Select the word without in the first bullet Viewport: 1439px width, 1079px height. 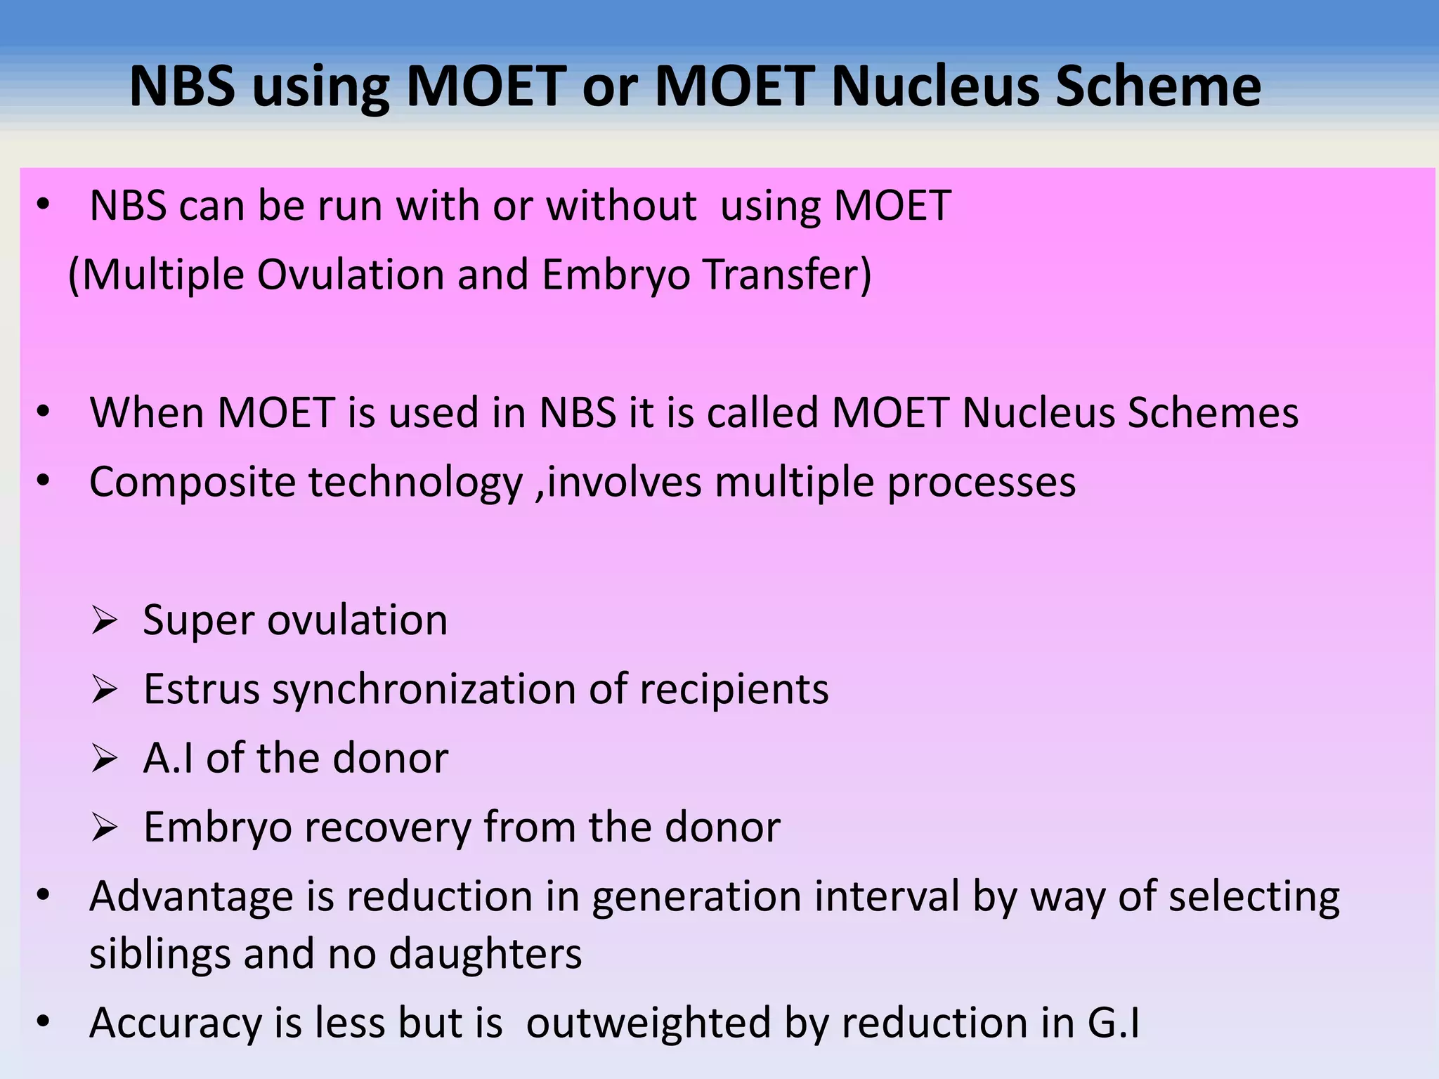point(621,206)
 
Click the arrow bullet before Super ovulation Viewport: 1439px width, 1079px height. point(104,622)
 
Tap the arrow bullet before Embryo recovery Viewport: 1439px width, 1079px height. point(104,828)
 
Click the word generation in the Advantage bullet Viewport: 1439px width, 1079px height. point(696,897)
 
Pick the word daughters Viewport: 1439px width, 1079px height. point(486,954)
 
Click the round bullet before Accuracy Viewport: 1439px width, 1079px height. point(44,1022)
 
